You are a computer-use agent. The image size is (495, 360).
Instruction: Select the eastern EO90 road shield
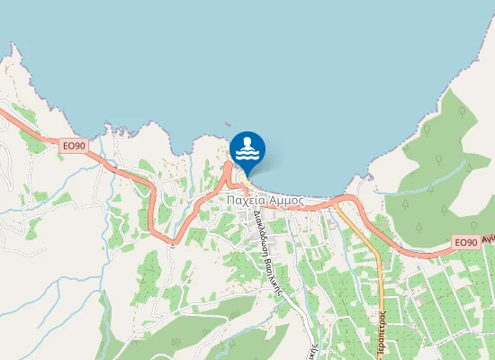click(x=463, y=243)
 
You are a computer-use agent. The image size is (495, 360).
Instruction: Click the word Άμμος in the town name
click(x=286, y=202)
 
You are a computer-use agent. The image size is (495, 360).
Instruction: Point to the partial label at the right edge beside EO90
click(x=489, y=240)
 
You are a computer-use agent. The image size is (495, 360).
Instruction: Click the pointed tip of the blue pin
click(x=247, y=175)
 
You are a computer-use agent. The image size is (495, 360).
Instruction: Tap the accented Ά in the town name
click(x=272, y=202)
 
